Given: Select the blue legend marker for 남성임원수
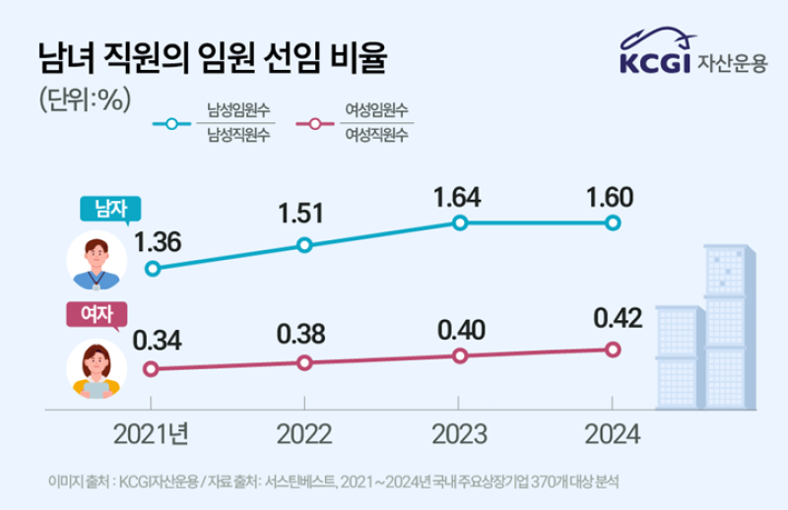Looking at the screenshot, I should (173, 125).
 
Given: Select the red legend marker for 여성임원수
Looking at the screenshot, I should (315, 125).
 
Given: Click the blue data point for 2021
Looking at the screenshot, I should (152, 268).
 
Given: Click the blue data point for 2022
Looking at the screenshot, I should (304, 245).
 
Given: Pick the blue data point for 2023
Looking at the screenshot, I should (458, 223).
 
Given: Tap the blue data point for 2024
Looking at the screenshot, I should (612, 223).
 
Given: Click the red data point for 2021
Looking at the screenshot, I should (151, 369).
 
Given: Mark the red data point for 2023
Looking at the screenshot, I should (458, 355).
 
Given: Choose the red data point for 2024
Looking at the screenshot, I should (612, 349).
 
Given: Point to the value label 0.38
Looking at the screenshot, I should (302, 335).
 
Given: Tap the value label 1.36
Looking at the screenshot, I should (159, 241).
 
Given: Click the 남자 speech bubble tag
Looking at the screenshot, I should (110, 209).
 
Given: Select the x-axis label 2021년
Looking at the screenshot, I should (152, 434).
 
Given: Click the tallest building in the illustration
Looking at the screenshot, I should (725, 325).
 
